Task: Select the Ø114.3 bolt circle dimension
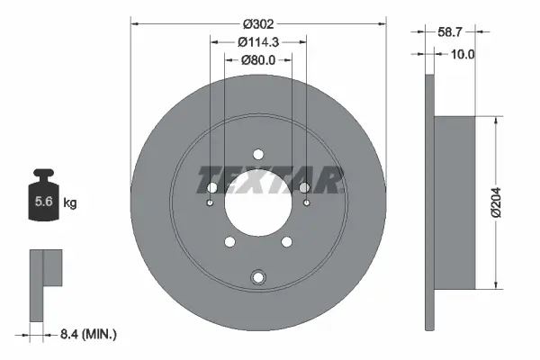point(258,40)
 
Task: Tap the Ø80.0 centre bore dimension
point(258,60)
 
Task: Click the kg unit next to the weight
point(69,203)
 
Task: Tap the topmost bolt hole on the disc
point(258,154)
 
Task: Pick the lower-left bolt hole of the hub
point(230,241)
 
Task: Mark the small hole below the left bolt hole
point(210,202)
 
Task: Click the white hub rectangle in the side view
point(454,203)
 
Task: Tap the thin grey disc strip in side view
point(428,203)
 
